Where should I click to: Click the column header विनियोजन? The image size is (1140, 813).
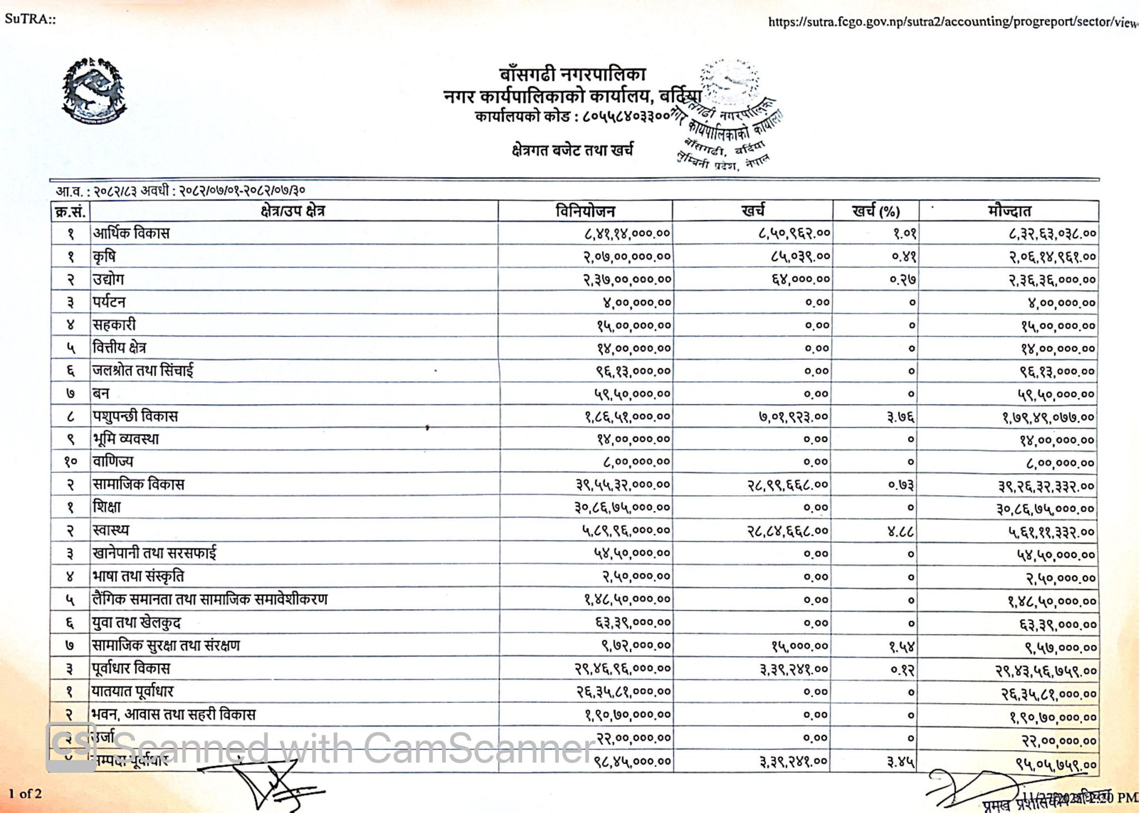585,211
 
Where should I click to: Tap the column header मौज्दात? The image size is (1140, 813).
1009,211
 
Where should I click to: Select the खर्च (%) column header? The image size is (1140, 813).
876,211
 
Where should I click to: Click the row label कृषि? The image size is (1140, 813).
104,257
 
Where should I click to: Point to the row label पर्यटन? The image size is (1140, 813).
109,302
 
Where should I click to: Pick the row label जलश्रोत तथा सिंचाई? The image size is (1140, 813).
143,371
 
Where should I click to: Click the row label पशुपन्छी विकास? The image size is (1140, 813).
135,417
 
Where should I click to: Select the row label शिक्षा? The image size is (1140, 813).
107,507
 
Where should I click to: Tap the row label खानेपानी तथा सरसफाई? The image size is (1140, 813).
154,554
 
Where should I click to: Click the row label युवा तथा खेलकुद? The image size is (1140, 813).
136,623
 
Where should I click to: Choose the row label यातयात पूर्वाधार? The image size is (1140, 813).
133,692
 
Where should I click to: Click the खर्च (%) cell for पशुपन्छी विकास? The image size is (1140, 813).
901,417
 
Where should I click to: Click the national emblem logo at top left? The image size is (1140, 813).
94,91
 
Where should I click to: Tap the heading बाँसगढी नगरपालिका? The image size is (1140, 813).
572,74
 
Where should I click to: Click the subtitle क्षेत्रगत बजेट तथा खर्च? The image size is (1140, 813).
572,150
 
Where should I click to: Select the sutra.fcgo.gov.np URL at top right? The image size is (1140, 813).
952,22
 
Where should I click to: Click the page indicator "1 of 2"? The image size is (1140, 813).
25,794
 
